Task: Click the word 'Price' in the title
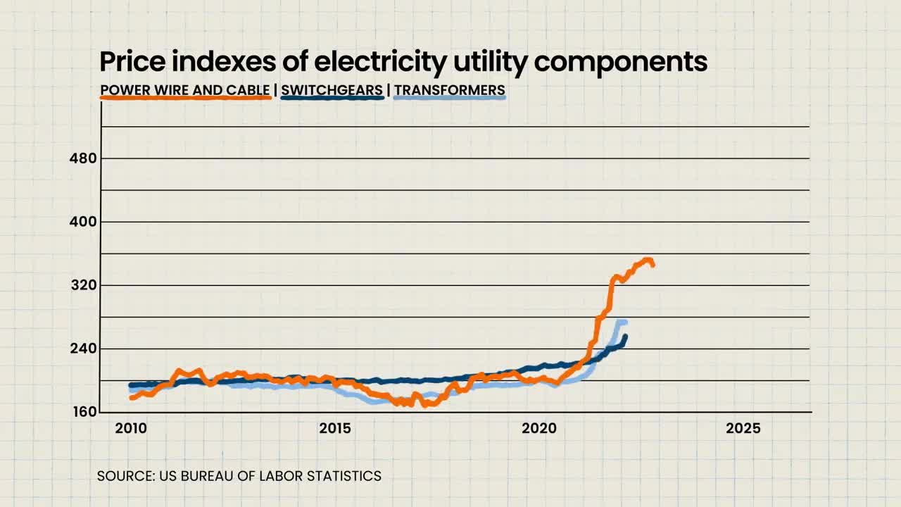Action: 132,61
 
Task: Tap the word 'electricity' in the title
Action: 380,63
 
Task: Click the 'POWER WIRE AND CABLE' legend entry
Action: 185,90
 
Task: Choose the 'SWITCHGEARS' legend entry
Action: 332,90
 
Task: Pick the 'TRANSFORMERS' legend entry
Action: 449,90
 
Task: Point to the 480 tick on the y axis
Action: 83,158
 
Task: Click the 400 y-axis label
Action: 83,222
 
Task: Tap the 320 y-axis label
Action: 84,285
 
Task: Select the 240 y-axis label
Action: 84,349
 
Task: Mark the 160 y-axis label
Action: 84,412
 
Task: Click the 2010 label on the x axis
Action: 131,429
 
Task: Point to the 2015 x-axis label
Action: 335,429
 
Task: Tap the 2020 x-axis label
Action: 539,429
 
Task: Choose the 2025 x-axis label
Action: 743,429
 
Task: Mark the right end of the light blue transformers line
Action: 625,322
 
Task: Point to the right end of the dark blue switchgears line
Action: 625,337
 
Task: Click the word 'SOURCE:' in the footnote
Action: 126,476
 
